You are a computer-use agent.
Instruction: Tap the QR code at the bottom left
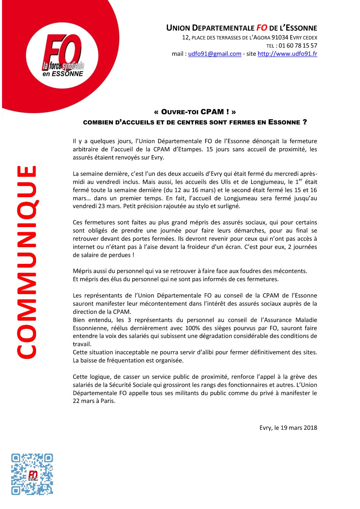[32, 474]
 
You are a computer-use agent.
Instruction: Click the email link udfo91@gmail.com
[215, 54]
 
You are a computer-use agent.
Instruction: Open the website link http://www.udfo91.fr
[287, 54]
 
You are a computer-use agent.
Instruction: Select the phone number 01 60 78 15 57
[298, 46]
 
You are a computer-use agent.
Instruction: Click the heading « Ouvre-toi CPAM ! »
[195, 112]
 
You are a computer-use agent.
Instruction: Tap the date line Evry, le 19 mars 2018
[288, 428]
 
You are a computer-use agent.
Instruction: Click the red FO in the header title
[262, 28]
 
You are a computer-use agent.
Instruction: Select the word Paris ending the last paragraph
[108, 401]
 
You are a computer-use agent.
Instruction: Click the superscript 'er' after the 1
[300, 180]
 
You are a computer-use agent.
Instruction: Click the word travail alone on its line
[81, 344]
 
